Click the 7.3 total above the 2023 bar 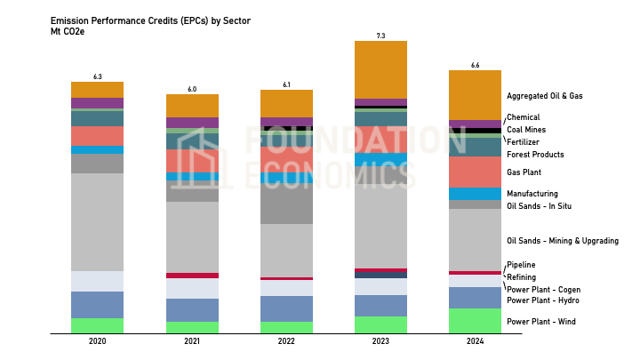380,36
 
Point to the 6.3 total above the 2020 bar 98,76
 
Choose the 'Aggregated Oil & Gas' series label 545,96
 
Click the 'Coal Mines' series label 527,130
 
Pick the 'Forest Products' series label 535,155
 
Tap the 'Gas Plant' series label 524,172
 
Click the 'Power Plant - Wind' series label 540,321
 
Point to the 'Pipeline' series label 521,265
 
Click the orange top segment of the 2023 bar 380,69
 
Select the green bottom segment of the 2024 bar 475,321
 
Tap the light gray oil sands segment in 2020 98,222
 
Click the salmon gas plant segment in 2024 475,172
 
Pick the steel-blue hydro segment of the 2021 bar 192,310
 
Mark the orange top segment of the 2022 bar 286,103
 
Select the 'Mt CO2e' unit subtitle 70,31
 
